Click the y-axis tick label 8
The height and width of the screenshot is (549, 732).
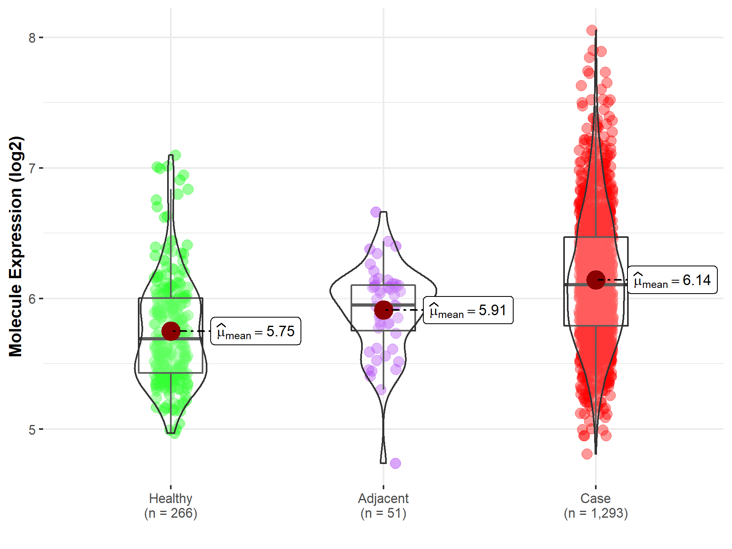32,38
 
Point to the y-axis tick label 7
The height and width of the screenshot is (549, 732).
32,168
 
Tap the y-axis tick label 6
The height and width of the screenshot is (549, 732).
32,299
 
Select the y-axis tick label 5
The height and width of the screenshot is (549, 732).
32,429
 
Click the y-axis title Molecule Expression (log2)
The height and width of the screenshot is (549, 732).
15,246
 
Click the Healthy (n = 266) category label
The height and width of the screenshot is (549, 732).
170,505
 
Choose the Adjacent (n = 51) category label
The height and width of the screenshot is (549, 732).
383,505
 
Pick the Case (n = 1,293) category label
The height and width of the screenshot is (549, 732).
596,505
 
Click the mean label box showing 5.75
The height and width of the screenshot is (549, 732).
256,331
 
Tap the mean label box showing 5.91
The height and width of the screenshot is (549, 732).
468,310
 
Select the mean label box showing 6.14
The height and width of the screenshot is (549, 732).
672,280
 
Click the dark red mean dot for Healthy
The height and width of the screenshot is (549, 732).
171,331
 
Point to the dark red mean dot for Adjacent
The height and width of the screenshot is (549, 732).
383,310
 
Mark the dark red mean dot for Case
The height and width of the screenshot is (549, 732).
596,280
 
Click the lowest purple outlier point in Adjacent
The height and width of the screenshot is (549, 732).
395,463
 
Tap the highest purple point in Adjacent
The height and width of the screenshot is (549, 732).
376,212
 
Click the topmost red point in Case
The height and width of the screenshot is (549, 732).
592,30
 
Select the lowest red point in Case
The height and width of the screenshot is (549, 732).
587,454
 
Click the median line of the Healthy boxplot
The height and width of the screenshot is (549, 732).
171,338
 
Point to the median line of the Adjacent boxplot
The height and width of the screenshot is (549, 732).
383,305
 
